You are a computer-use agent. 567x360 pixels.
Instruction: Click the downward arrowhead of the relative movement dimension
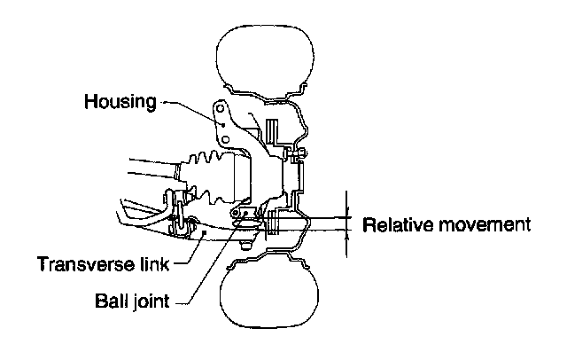(347, 212)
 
